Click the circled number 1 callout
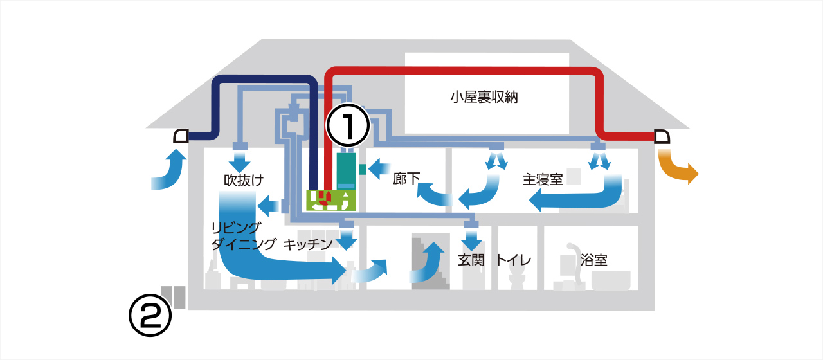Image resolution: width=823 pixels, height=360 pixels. coord(348,127)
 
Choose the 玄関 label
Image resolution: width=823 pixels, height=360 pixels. coord(470,260)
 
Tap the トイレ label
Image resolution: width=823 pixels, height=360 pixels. coord(513,260)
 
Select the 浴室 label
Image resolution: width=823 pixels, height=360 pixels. coord(593,260)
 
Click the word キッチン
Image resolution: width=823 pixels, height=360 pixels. coord(307,244)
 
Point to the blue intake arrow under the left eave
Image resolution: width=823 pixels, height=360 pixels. coord(168,170)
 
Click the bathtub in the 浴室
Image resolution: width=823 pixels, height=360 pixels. coord(610,280)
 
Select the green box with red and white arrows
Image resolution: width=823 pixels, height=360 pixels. coord(330,199)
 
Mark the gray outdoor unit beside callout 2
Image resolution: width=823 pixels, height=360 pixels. coord(174,297)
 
